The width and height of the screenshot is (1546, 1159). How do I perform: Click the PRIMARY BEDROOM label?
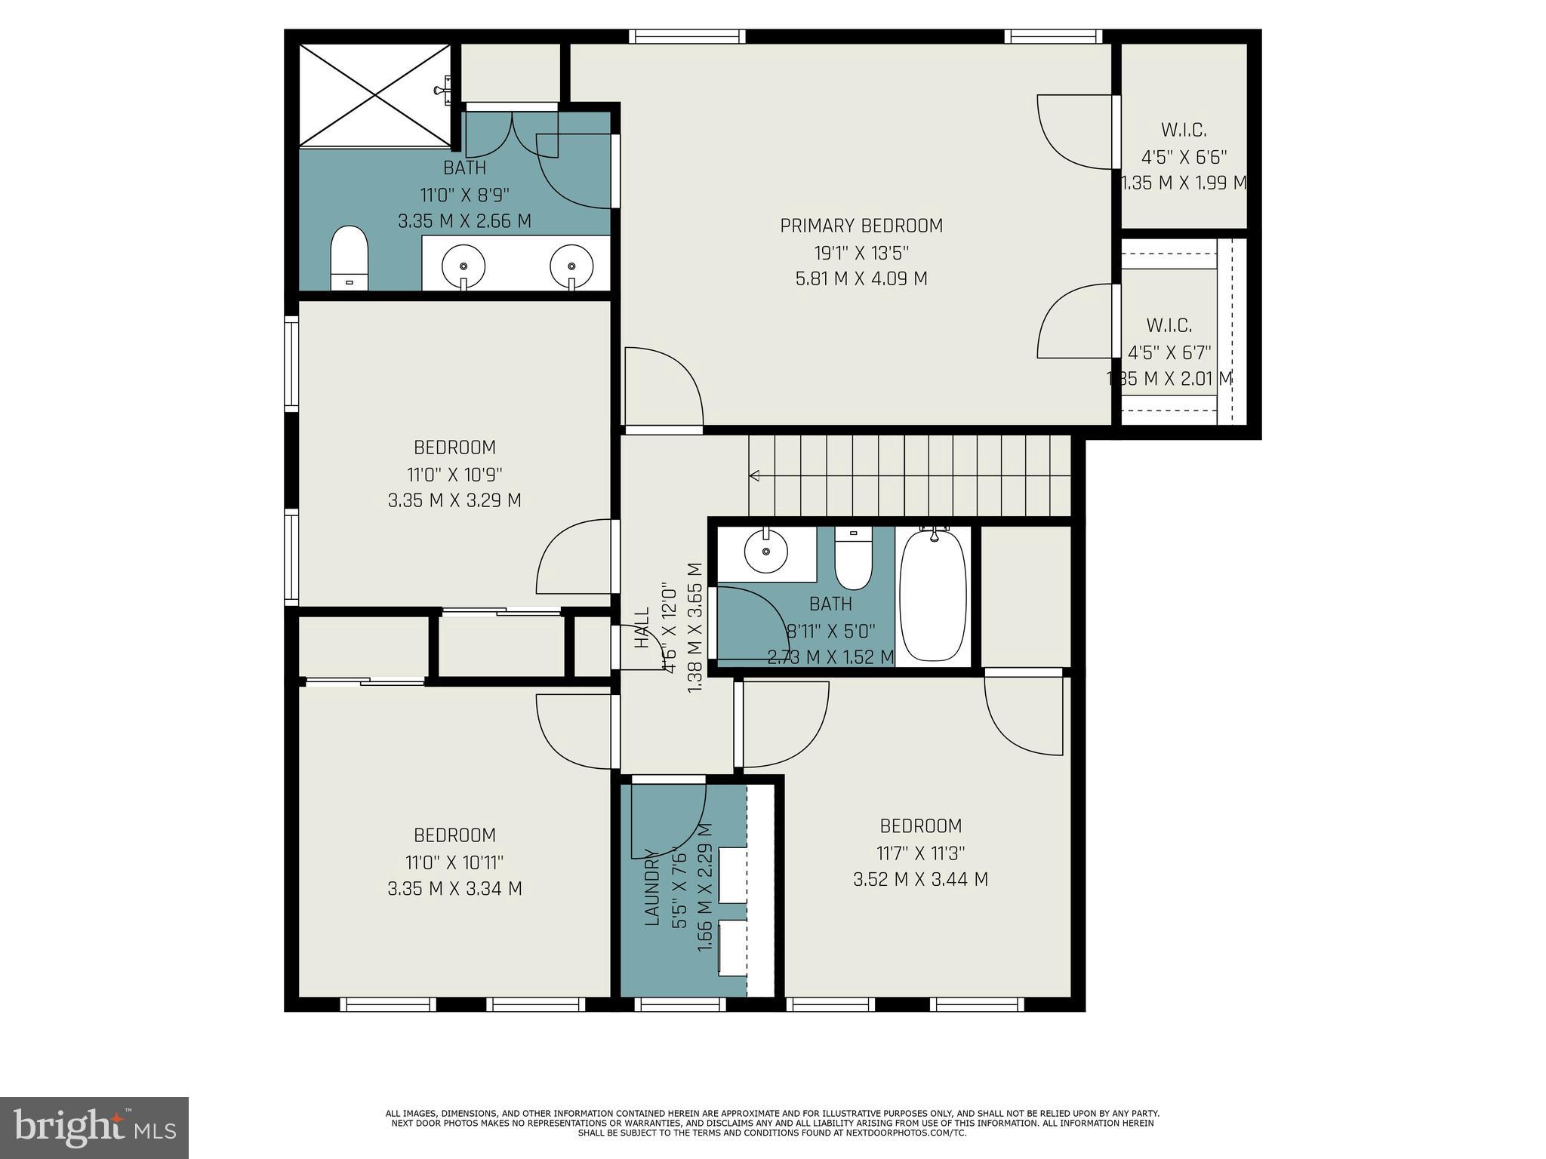point(861,226)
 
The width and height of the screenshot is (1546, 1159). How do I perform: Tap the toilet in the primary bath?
point(349,258)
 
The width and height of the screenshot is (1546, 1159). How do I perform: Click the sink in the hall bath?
point(765,552)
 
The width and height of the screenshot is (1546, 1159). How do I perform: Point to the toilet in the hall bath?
point(853,560)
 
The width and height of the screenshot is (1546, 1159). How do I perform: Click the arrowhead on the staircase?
point(753,475)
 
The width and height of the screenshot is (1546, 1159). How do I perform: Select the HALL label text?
point(642,628)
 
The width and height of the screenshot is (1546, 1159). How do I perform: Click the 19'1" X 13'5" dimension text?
point(861,253)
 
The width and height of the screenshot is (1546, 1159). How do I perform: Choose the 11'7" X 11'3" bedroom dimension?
point(920,853)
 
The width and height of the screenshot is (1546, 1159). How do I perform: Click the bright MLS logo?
point(94,1127)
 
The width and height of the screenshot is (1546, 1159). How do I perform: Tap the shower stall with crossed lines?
point(374,94)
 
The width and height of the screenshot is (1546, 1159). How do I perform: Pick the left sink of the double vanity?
point(463,266)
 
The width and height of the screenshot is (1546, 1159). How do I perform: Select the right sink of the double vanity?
point(571,266)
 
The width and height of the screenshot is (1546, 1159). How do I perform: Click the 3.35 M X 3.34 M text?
point(454,888)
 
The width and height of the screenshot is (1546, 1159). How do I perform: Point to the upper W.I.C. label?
point(1183,131)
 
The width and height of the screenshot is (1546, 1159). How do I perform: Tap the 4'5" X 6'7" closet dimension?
point(1169,352)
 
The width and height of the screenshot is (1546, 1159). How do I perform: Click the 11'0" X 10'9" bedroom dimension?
point(454,475)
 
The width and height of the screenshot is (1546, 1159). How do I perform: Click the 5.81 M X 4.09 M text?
point(861,278)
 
